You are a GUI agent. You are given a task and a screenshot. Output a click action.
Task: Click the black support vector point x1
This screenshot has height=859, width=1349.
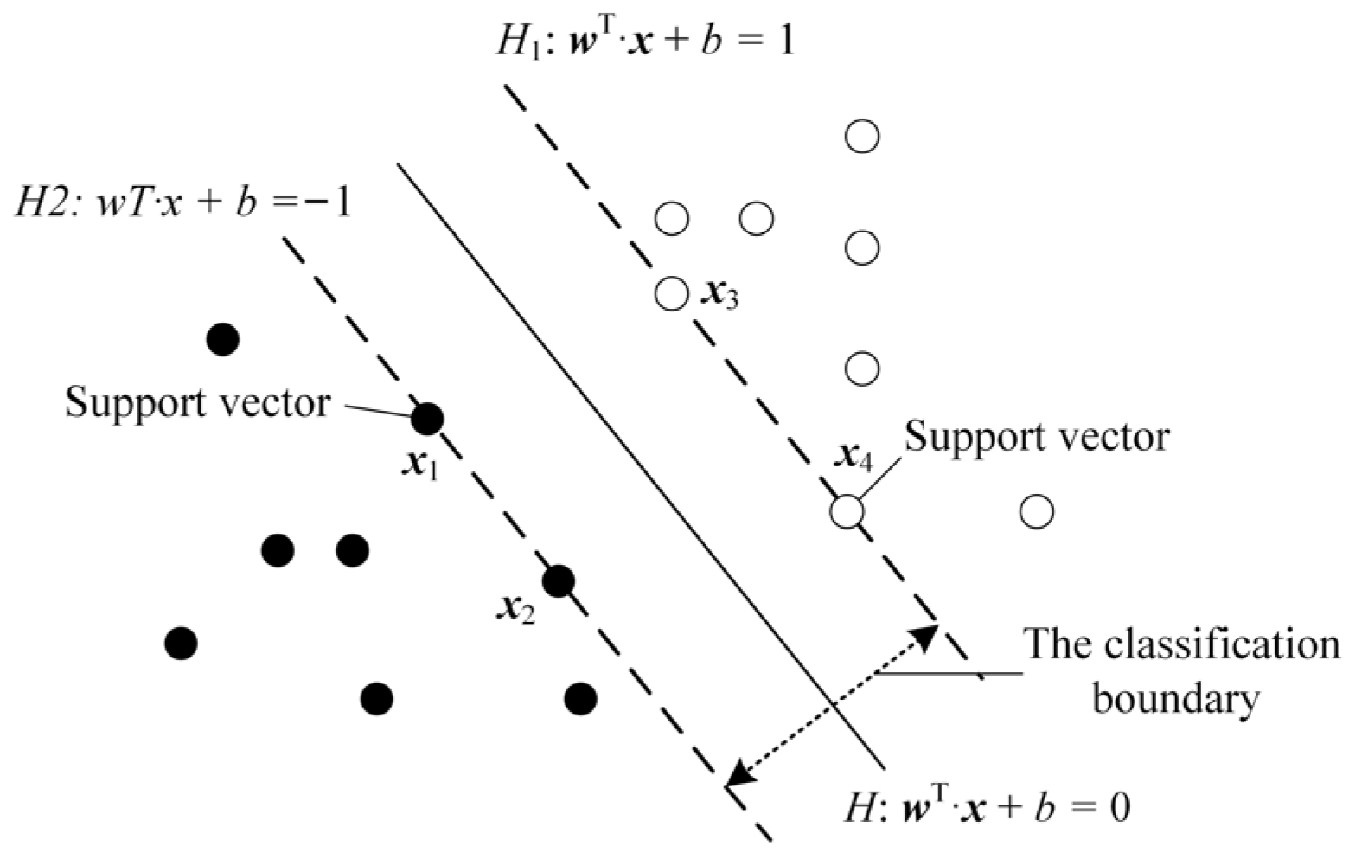click(x=426, y=420)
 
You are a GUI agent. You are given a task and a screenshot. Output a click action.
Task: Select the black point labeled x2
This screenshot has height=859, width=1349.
click(x=559, y=581)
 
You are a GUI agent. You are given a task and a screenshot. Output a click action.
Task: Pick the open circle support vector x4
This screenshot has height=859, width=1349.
click(x=847, y=511)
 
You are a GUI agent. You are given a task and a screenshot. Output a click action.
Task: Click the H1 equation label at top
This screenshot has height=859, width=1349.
click(x=644, y=41)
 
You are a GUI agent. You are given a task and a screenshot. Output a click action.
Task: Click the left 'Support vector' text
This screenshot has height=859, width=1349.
click(x=197, y=403)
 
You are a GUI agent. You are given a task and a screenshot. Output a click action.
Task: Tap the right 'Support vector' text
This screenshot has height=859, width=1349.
click(x=1036, y=437)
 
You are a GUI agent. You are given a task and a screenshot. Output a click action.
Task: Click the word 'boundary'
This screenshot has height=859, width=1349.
click(x=1174, y=698)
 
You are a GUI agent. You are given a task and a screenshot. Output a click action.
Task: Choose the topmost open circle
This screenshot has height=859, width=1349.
click(x=862, y=136)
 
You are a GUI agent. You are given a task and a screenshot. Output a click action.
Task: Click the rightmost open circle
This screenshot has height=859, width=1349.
click(x=1036, y=511)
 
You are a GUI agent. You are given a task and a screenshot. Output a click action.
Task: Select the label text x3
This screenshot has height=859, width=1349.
click(x=719, y=296)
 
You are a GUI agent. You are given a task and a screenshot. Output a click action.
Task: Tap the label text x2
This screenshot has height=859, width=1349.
click(x=516, y=609)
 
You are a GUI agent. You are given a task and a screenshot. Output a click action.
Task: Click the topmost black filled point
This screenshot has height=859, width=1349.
click(x=223, y=339)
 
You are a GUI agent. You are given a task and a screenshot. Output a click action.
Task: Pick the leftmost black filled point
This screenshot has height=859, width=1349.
click(x=181, y=643)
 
